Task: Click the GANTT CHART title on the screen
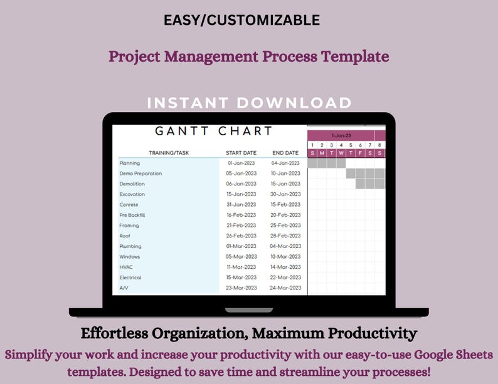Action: (x=213, y=132)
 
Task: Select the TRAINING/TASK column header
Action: (x=169, y=153)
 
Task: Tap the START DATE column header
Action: (x=241, y=153)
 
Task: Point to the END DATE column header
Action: (x=285, y=153)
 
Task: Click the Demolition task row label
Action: (x=132, y=184)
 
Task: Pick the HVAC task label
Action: (x=126, y=267)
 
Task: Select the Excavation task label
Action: (x=132, y=194)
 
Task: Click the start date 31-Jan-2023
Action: (x=241, y=205)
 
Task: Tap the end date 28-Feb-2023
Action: (x=285, y=236)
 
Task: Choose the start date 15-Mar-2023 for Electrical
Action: (x=241, y=278)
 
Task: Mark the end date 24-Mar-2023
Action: (x=285, y=288)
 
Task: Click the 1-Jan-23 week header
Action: (x=341, y=136)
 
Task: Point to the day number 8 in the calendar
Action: (x=380, y=145)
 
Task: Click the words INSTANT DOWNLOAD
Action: (x=249, y=103)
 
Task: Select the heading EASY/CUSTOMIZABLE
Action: (x=241, y=20)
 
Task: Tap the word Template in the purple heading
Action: (x=355, y=56)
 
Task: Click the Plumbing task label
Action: (x=130, y=247)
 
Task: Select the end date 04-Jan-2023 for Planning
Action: (x=285, y=163)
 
